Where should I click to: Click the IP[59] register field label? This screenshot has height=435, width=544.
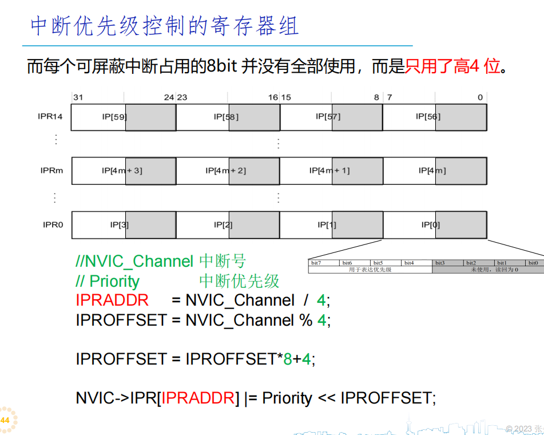pyautogui.click(x=114, y=117)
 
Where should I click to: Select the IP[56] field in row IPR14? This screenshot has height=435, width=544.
pyautogui.click(x=428, y=117)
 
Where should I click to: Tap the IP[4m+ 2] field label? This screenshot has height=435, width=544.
pyautogui.click(x=225, y=171)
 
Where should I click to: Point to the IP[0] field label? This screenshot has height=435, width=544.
pyautogui.click(x=431, y=225)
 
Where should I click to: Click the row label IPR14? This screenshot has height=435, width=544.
pyautogui.click(x=50, y=117)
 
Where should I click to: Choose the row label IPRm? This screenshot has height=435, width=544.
pyautogui.click(x=51, y=171)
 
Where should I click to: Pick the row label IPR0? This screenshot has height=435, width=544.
pyautogui.click(x=52, y=225)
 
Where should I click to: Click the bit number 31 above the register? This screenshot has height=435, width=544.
pyautogui.click(x=78, y=97)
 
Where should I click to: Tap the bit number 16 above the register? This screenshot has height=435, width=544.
pyautogui.click(x=273, y=97)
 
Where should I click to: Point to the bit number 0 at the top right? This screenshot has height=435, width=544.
pyautogui.click(x=481, y=97)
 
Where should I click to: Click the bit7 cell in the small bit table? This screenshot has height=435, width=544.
pyautogui.click(x=316, y=263)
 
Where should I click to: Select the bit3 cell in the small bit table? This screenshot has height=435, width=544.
pyautogui.click(x=440, y=263)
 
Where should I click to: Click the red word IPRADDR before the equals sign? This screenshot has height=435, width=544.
pyautogui.click(x=112, y=300)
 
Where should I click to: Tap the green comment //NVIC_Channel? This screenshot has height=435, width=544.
pyautogui.click(x=134, y=262)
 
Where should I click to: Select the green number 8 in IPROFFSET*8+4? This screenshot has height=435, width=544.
pyautogui.click(x=288, y=359)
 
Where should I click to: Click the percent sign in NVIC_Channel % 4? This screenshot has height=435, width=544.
pyautogui.click(x=305, y=320)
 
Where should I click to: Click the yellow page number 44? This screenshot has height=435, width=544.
pyautogui.click(x=5, y=421)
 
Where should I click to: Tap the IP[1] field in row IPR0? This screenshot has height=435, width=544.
pyautogui.click(x=327, y=225)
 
